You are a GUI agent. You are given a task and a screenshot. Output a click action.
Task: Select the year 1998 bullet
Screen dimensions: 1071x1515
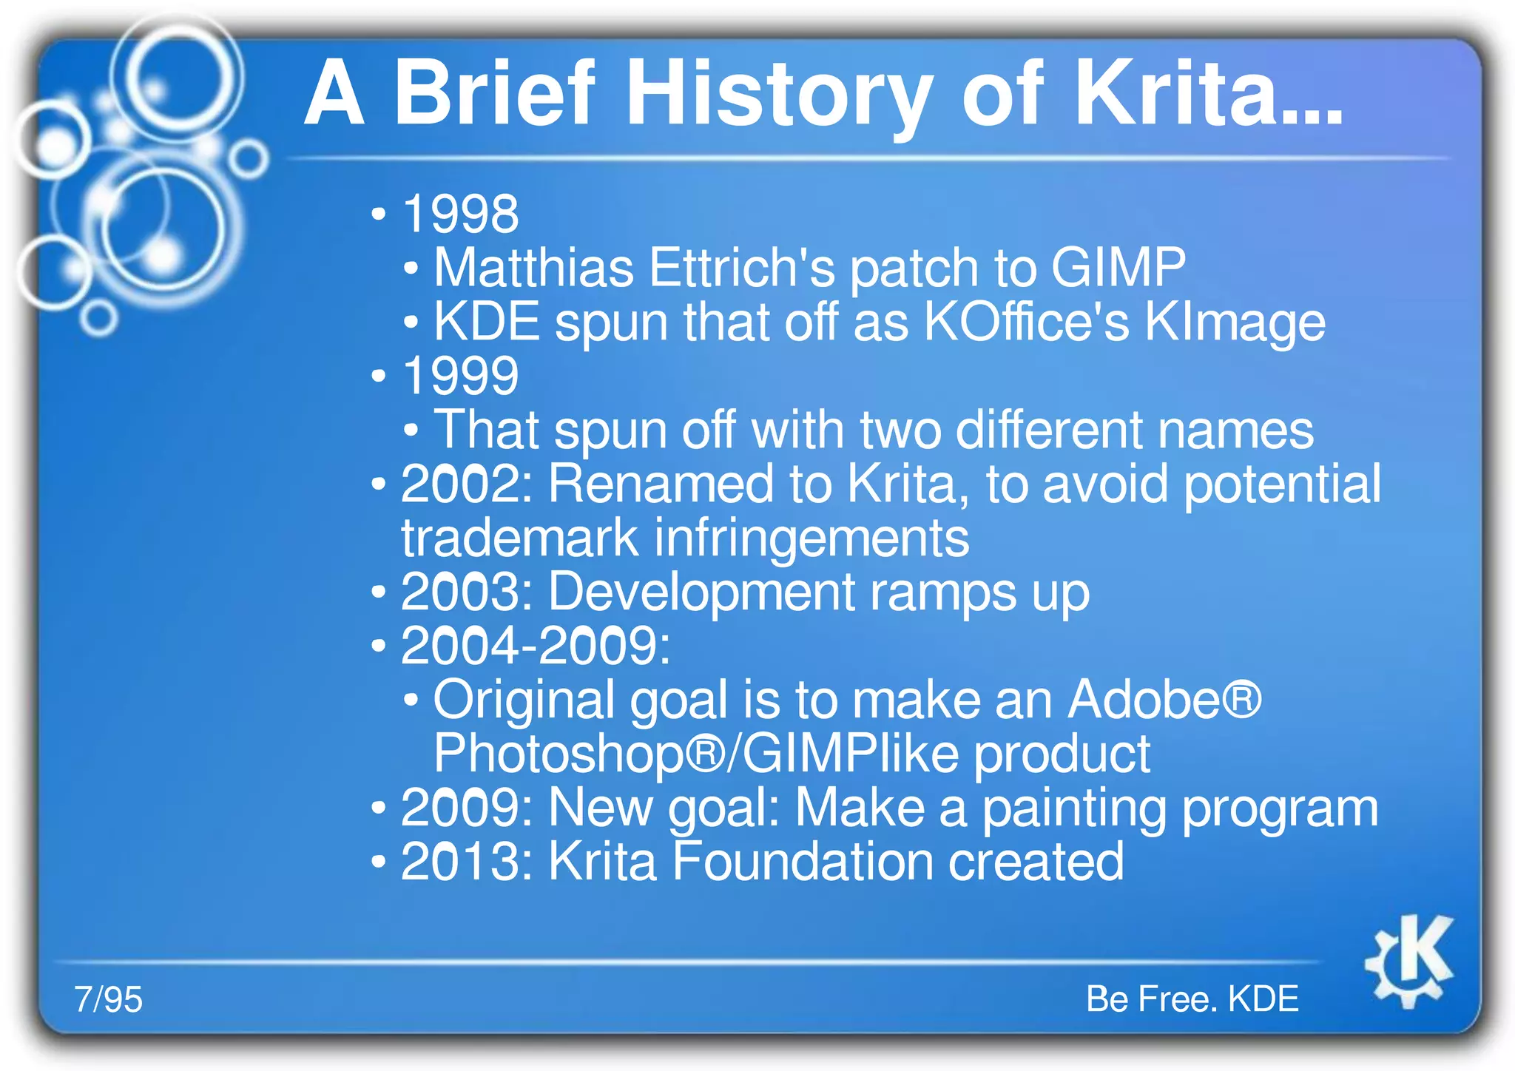pos(459,214)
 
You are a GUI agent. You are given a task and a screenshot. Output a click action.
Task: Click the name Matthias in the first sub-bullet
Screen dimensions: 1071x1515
pos(533,268)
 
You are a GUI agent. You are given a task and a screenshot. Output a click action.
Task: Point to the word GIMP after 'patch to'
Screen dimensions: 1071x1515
pos(1118,268)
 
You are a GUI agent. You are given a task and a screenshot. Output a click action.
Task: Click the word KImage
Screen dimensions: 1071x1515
pos(1234,322)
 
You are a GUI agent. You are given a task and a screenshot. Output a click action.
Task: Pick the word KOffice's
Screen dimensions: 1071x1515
pos(1027,322)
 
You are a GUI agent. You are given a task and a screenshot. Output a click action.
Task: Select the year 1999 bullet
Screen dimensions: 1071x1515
pos(459,376)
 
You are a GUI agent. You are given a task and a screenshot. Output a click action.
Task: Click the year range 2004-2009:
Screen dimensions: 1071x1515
pos(535,646)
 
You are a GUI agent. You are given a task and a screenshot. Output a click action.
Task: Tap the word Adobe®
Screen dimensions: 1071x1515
pos(1164,700)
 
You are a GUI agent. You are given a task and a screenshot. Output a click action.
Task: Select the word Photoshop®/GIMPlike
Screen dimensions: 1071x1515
pos(695,754)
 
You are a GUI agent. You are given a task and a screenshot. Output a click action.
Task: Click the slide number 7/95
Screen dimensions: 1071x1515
pos(108,999)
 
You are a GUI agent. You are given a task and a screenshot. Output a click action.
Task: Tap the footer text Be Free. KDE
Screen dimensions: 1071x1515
pos(1192,999)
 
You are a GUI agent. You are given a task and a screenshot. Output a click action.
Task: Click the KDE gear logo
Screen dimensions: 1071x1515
pos(1409,962)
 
